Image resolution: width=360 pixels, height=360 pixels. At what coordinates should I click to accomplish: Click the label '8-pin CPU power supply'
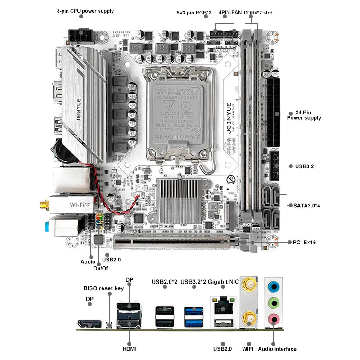tap(85, 11)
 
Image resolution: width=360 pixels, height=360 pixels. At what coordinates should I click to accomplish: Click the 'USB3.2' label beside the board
tap(305, 166)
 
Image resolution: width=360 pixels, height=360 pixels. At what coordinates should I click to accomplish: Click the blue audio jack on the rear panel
tap(274, 287)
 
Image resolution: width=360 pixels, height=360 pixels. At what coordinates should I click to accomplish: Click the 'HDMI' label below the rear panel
tap(129, 349)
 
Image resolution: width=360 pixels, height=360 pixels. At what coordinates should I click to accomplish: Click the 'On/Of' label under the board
tap(100, 268)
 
